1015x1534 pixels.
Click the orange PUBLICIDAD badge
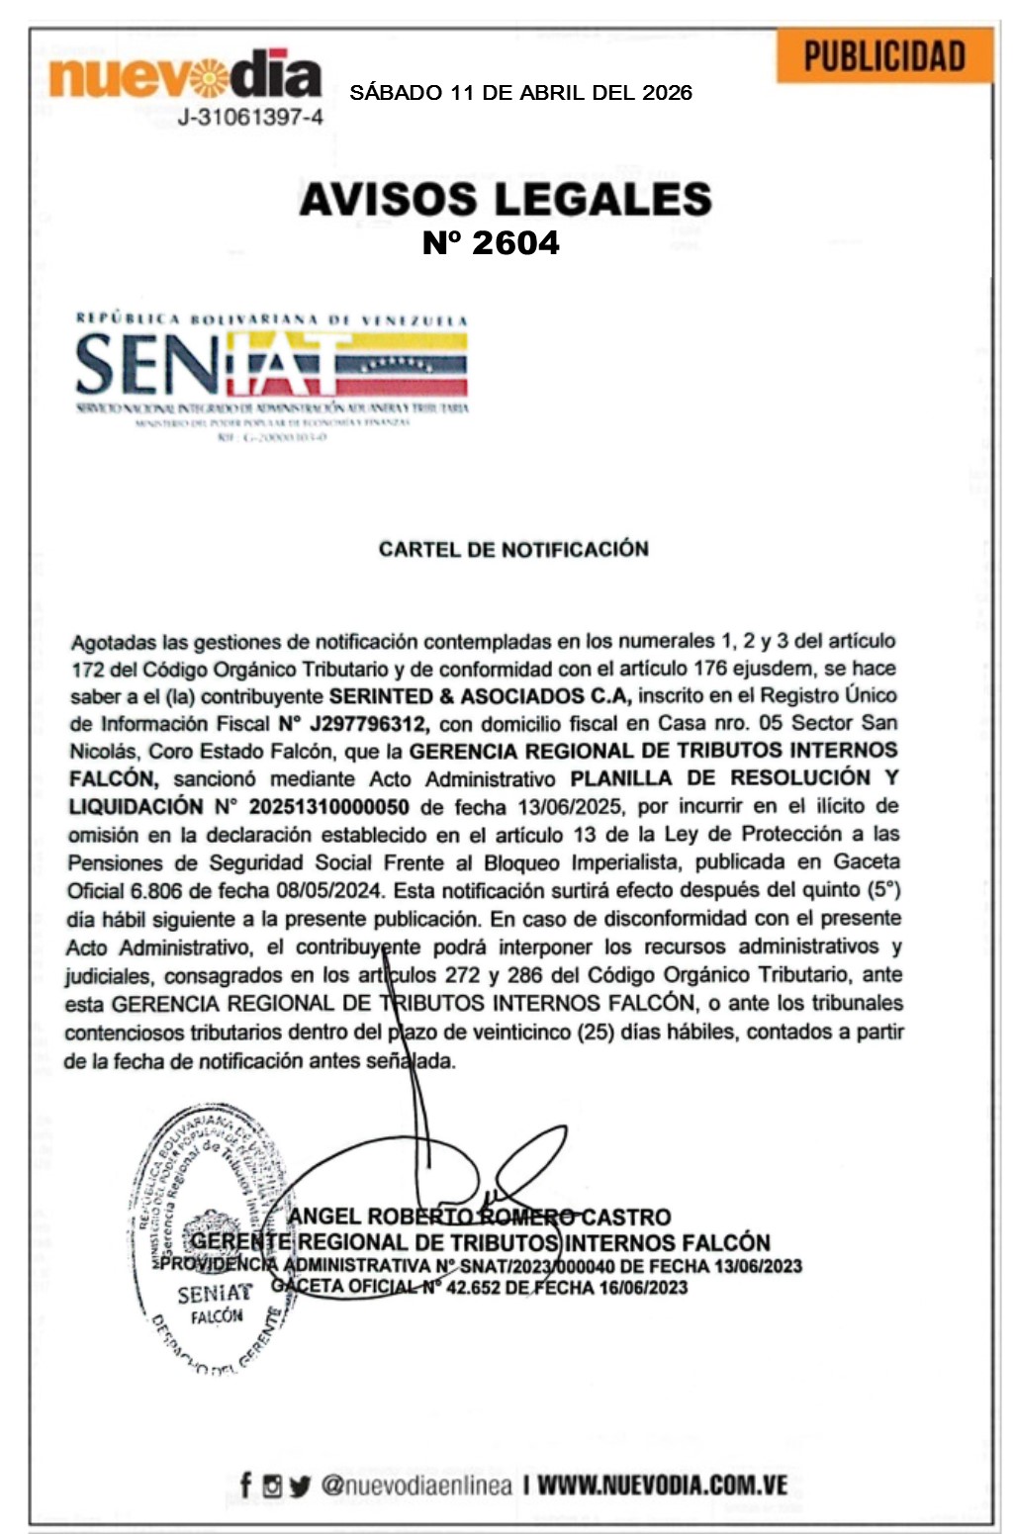point(883,56)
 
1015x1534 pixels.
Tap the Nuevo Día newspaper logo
point(185,75)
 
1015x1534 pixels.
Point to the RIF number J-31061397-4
point(250,118)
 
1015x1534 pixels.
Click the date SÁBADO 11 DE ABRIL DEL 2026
point(520,93)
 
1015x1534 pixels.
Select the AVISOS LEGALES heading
point(506,199)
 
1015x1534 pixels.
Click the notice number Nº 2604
point(491,242)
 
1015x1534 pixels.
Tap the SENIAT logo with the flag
point(272,366)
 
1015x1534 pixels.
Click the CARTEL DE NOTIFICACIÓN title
point(513,549)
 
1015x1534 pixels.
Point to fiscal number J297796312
point(369,723)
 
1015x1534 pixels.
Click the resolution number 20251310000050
point(328,806)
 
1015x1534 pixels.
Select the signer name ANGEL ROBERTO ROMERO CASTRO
point(480,1217)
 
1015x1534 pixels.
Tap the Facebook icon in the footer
point(246,1485)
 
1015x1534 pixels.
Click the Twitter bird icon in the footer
point(300,1486)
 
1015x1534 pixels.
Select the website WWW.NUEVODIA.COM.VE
point(662,1485)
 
